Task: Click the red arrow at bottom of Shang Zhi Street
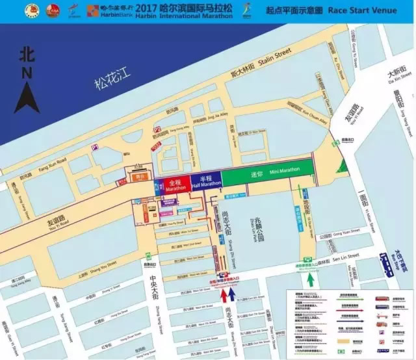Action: pos(223,296)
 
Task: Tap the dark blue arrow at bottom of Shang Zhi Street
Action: pos(232,296)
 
